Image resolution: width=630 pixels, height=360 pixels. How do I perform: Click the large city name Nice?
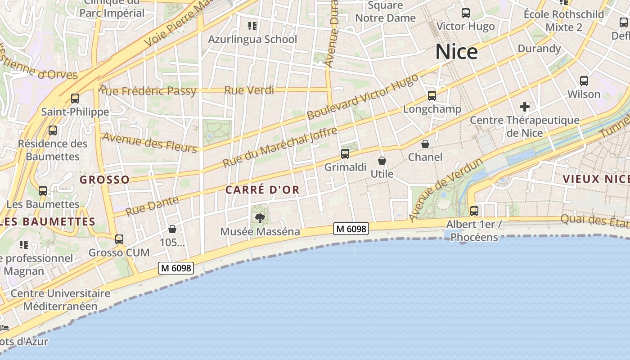point(456,52)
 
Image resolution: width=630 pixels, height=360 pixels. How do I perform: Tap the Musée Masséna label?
point(260,232)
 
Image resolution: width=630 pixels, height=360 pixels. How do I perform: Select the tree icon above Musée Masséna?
point(260,219)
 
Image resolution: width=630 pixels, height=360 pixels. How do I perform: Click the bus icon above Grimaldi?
point(345,154)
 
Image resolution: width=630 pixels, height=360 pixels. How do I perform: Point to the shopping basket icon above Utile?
point(382,161)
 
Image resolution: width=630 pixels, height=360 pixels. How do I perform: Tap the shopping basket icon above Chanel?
point(425,144)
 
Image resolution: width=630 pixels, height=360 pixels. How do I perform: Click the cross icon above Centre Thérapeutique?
point(525,107)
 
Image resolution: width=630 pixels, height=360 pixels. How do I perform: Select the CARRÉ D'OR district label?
point(262,190)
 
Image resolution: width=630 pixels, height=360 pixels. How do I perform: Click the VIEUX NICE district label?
point(596,179)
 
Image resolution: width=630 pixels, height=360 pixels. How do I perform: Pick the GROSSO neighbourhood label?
point(105,180)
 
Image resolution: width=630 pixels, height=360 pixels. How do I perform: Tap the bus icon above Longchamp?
point(432,95)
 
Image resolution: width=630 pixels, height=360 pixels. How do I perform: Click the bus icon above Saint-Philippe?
point(75,98)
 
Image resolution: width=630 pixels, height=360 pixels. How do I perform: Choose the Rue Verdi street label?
point(249,90)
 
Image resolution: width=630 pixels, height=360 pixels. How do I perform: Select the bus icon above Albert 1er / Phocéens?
point(474,211)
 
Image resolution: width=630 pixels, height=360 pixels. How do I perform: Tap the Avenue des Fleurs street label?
point(149,143)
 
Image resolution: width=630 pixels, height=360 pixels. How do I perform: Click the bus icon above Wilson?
point(584,81)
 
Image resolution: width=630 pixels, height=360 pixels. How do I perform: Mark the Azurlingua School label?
point(252,39)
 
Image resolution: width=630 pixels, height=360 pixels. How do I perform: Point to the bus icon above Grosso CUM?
point(119,239)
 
